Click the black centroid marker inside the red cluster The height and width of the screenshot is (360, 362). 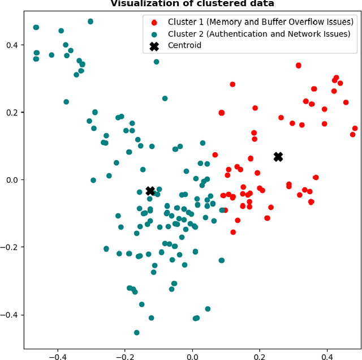pos(278,157)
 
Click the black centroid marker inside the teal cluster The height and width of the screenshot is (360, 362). pos(150,191)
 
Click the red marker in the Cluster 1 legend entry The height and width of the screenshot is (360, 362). pos(154,22)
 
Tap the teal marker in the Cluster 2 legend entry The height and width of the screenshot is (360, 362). pos(154,33)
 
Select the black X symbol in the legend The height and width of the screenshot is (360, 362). pos(154,45)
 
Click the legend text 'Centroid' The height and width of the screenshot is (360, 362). pos(184,45)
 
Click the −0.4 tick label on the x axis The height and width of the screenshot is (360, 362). pos(57,357)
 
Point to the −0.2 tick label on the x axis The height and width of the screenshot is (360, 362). pos(124,357)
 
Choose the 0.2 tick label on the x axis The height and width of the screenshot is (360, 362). pos(260,357)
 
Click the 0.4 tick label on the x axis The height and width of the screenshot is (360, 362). pos(327,357)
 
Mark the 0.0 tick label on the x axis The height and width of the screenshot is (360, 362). pos(192,357)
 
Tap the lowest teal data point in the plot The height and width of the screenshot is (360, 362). pos(136,332)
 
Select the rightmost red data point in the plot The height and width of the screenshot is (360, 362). pos(355,128)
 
